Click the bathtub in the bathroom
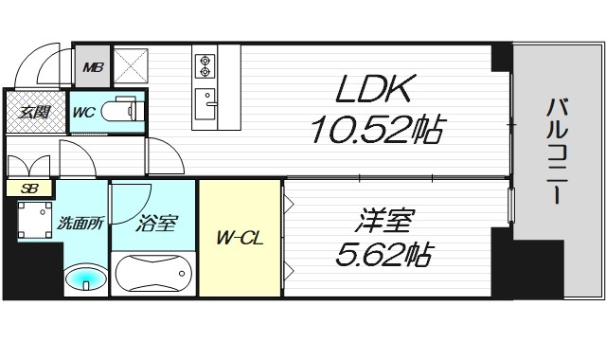click(x=153, y=275)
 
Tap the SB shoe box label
click(x=27, y=188)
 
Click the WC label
click(x=83, y=112)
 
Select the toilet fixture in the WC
click(x=121, y=111)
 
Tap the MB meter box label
click(x=93, y=67)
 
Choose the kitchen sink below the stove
click(x=204, y=99)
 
